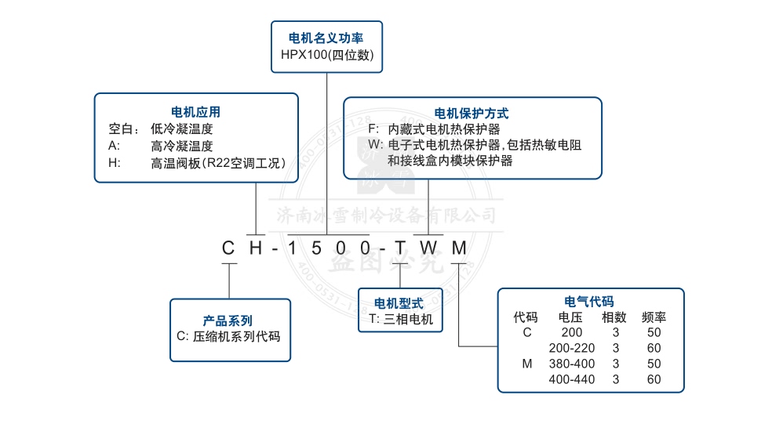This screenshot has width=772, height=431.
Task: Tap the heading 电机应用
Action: [195, 113]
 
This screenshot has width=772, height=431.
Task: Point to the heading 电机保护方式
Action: [472, 114]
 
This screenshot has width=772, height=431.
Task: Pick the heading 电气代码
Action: [589, 302]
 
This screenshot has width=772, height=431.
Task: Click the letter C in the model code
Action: [228, 248]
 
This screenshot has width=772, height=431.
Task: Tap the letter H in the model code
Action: [255, 248]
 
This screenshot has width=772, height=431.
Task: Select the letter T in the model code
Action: [400, 248]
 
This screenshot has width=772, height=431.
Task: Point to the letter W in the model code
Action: [428, 248]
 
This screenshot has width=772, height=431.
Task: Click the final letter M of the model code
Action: [459, 248]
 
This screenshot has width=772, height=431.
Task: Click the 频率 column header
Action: [654, 317]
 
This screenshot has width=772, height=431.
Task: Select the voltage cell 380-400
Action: [572, 364]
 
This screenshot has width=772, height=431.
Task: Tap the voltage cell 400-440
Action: [572, 379]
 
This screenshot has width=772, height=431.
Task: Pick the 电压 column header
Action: [570, 317]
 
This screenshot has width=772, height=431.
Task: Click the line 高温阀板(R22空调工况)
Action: [217, 163]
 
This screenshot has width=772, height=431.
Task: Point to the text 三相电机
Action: [408, 320]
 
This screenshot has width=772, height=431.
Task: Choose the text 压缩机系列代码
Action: [237, 336]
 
